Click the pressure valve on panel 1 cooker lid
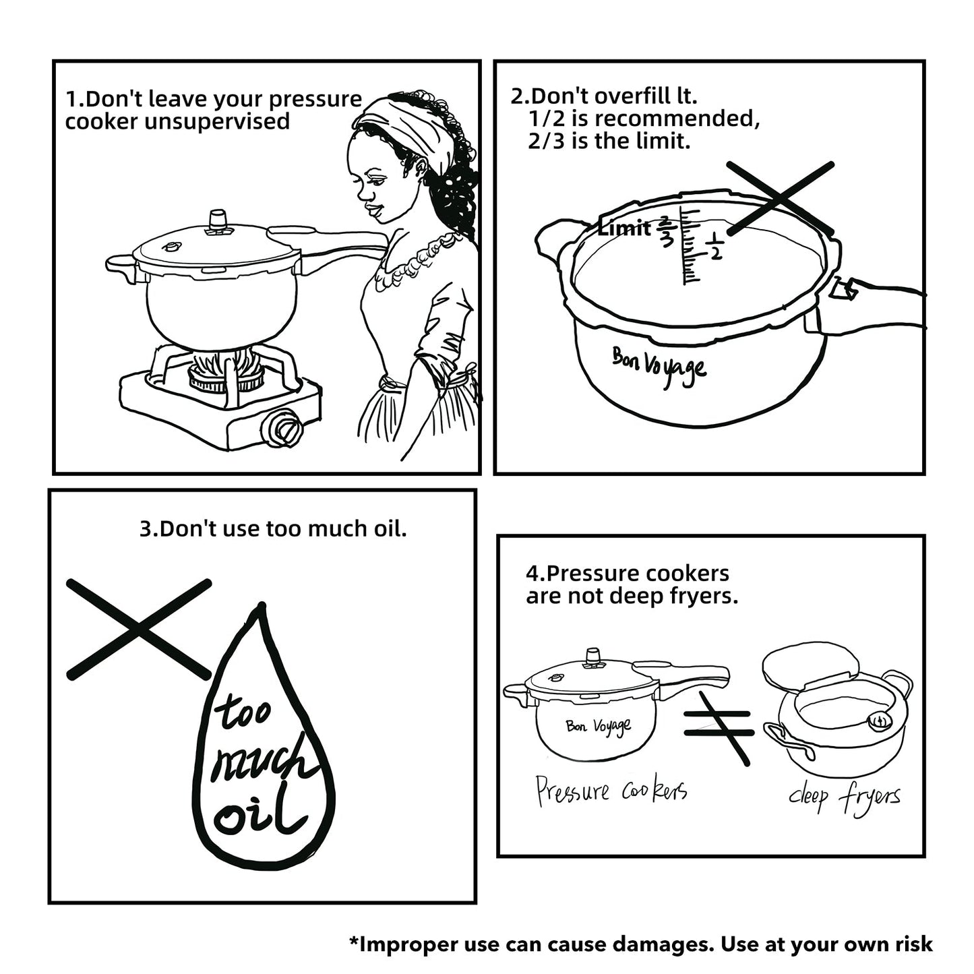pyautogui.click(x=218, y=222)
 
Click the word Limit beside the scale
pyautogui.click(x=624, y=229)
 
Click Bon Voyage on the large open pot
pyautogui.click(x=659, y=366)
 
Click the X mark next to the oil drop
pyautogui.click(x=138, y=629)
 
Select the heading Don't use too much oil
pyautogui.click(x=273, y=528)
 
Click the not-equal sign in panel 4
pyautogui.click(x=718, y=727)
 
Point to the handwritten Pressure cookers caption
pyautogui.click(x=611, y=790)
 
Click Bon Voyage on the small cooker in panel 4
pyautogui.click(x=599, y=726)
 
